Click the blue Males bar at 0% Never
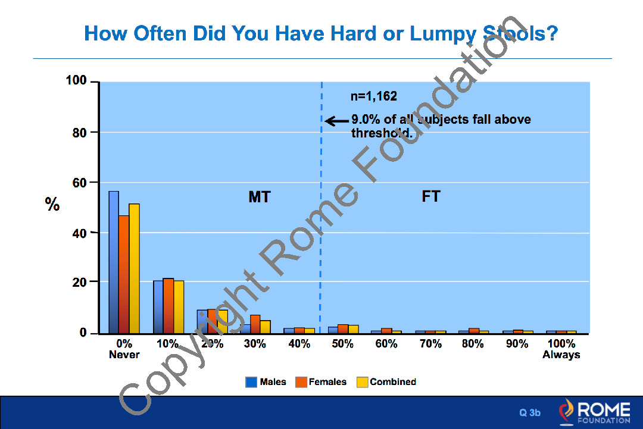(x=113, y=262)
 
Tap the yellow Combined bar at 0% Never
(x=134, y=268)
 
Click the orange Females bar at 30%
(x=255, y=324)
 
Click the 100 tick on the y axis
(x=77, y=81)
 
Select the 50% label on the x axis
(x=342, y=344)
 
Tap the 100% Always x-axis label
(x=561, y=349)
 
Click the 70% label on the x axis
(x=430, y=344)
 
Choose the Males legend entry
(x=266, y=382)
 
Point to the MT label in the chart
(x=259, y=197)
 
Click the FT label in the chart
(x=430, y=196)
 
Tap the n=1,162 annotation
(x=373, y=96)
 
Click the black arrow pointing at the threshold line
(x=337, y=121)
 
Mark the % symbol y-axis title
(x=52, y=205)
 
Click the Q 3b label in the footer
(x=530, y=412)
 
